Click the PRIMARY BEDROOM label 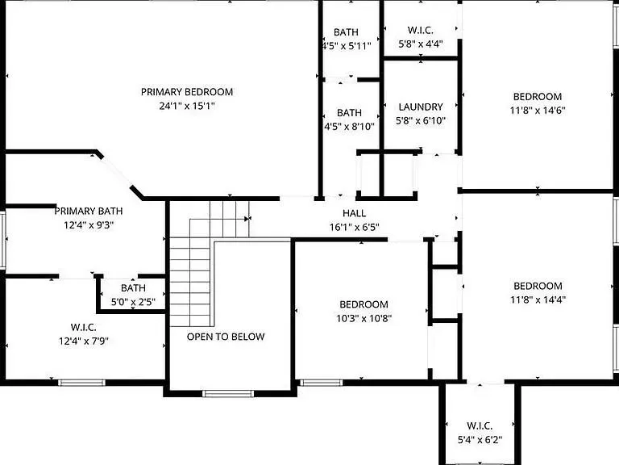(x=187, y=92)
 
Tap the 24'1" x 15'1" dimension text (x=187, y=106)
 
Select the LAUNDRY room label (x=421, y=107)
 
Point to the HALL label (x=354, y=213)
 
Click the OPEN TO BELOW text (x=226, y=337)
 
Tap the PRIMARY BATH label (x=89, y=211)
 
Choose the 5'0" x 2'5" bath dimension (x=133, y=302)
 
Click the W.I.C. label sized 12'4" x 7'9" (x=84, y=327)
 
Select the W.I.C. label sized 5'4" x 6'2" (x=480, y=425)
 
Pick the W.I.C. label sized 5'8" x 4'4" (x=421, y=30)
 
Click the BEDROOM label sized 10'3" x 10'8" (x=364, y=304)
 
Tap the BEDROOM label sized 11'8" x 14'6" (x=538, y=97)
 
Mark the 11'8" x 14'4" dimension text (x=538, y=300)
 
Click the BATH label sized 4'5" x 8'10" (x=349, y=113)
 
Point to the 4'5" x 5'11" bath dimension (x=347, y=46)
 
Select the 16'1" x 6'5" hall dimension (x=354, y=228)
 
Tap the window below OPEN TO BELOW (x=228, y=393)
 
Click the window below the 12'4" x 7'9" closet (x=81, y=383)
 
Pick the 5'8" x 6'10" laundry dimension (x=421, y=120)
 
